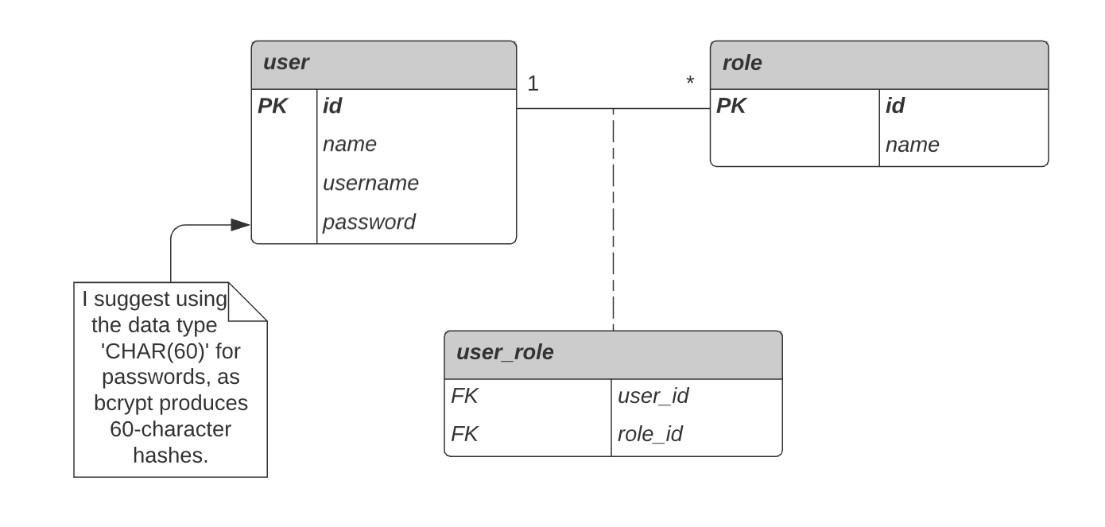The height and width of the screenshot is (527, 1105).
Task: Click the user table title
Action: (x=285, y=64)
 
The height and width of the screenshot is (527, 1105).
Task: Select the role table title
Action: (x=741, y=64)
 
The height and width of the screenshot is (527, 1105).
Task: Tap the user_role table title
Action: (x=504, y=352)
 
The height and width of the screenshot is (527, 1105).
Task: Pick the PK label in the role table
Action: (x=731, y=106)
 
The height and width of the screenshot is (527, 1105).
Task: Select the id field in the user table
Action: (x=332, y=106)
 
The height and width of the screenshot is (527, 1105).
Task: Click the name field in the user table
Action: (x=349, y=145)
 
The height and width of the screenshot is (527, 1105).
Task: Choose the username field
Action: (x=370, y=183)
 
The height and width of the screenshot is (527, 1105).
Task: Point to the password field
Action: (x=368, y=222)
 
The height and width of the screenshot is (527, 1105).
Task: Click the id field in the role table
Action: (x=895, y=106)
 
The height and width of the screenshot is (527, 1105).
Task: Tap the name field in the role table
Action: (x=912, y=145)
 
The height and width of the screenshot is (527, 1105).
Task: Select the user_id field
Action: (x=652, y=396)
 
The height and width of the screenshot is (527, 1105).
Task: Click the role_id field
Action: (x=649, y=434)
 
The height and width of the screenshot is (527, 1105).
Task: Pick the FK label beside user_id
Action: (x=464, y=396)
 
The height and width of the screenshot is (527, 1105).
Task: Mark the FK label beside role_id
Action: (x=464, y=434)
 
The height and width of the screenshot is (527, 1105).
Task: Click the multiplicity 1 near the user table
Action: (x=533, y=83)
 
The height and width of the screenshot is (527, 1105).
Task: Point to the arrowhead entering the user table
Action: (x=241, y=225)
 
